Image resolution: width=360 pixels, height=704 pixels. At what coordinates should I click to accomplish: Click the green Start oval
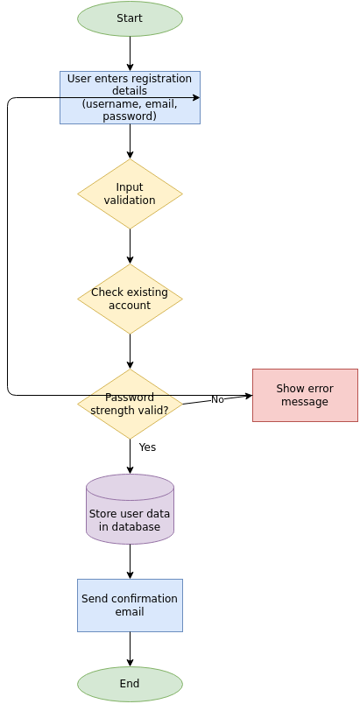130,18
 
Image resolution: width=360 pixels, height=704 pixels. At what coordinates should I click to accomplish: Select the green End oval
130,684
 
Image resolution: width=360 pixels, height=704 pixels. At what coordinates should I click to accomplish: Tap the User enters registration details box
130,97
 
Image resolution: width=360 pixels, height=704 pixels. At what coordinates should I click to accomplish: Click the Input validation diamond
130,194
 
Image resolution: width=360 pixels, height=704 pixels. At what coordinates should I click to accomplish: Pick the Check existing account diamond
130,299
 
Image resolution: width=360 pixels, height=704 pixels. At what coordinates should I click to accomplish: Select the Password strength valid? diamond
130,404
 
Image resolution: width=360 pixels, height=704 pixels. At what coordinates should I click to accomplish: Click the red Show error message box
305,395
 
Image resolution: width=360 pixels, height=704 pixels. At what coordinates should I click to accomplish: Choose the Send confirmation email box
130,605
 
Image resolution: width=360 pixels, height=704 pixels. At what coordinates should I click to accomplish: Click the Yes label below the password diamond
147,447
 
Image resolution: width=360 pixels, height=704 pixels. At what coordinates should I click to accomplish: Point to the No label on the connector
217,400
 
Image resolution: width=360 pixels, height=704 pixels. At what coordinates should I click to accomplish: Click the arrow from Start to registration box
130,53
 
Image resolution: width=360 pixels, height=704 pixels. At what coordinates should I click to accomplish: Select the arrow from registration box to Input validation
130,141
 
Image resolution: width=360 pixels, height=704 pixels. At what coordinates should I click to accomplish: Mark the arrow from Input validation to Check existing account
130,246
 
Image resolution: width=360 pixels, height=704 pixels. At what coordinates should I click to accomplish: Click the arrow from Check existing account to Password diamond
130,351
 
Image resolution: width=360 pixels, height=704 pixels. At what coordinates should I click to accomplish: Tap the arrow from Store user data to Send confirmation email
130,561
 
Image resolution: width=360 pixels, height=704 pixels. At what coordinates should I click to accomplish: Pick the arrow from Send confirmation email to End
130,649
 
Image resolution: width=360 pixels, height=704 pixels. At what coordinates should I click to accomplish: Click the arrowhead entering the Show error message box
249,396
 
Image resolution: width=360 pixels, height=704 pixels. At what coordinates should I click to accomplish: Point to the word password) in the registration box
130,116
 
